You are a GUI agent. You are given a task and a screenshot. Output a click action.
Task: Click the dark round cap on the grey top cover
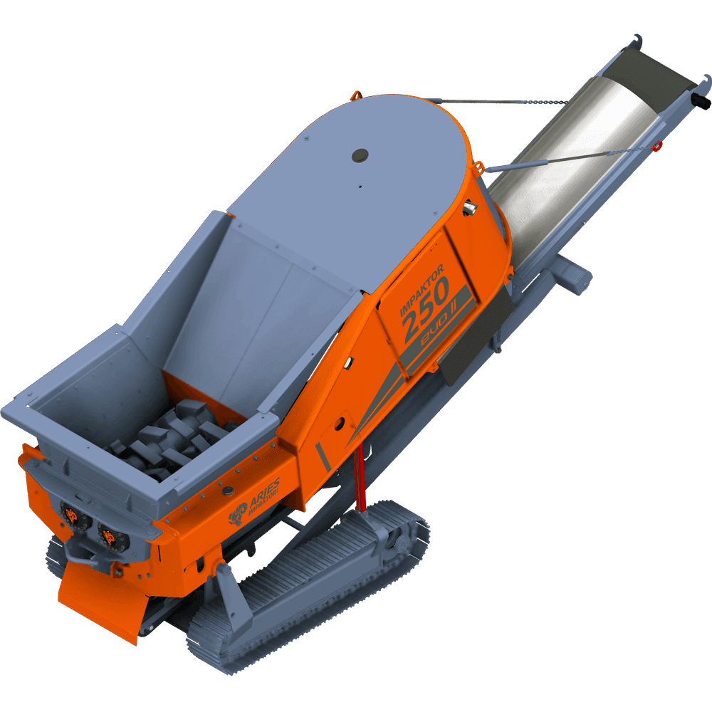coord(360,153)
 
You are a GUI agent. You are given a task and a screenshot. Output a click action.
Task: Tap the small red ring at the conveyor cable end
coord(657,146)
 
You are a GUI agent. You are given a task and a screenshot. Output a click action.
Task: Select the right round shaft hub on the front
coord(108,538)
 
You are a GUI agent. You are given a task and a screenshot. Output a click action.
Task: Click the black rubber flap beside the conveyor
coord(476,335)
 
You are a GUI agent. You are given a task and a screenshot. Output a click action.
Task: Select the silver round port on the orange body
coord(470,207)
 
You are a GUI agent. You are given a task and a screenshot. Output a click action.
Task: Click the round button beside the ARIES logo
coord(229,491)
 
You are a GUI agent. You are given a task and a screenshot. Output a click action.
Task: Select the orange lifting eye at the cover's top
coord(356,95)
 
